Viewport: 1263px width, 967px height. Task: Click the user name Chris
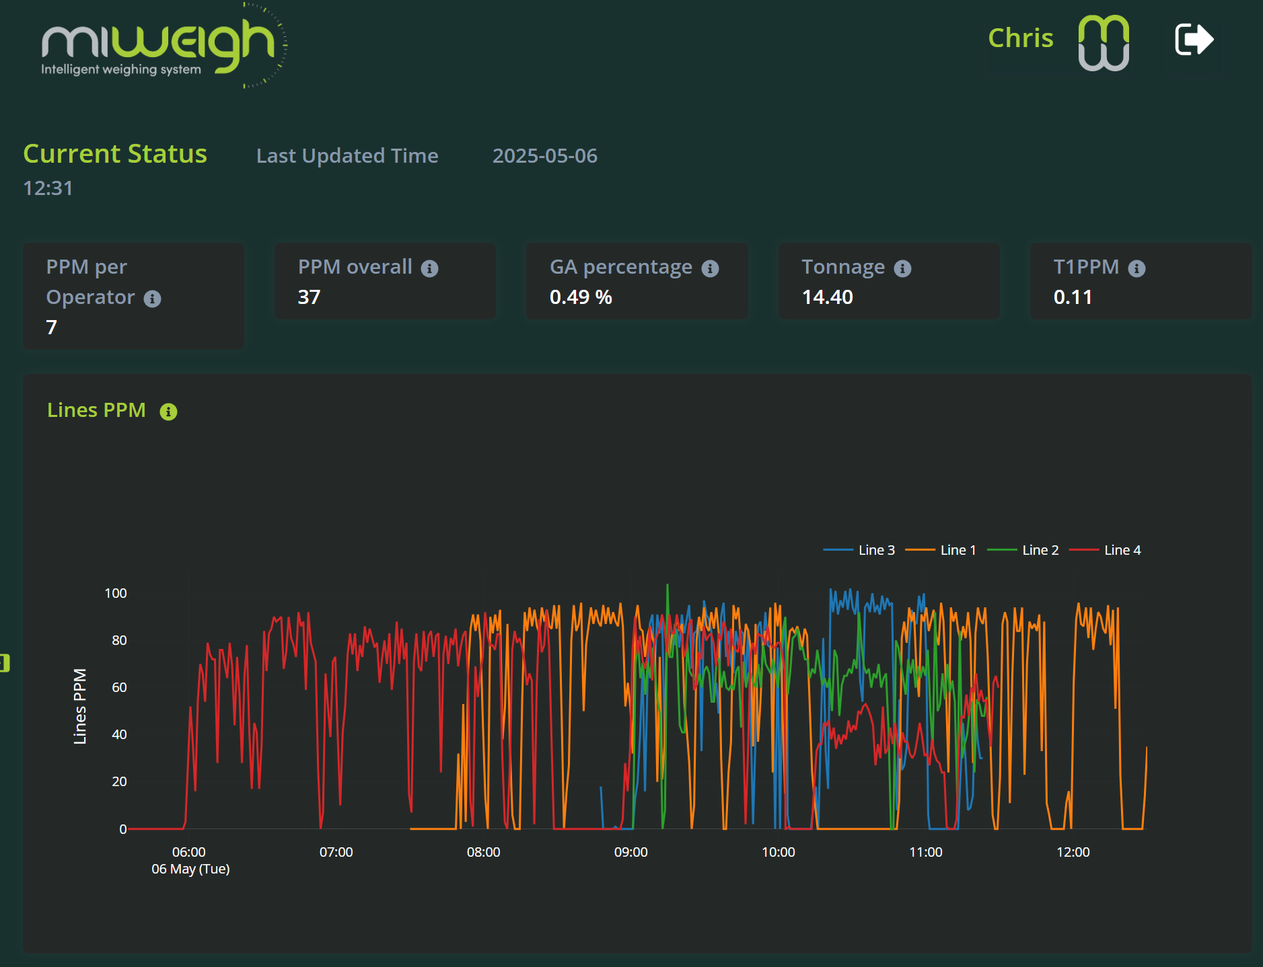pyautogui.click(x=1020, y=38)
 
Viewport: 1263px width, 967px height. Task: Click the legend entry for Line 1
pyautogui.click(x=941, y=550)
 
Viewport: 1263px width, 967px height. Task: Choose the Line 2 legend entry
pyautogui.click(x=1023, y=550)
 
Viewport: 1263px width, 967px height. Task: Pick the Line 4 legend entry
pyautogui.click(x=1106, y=550)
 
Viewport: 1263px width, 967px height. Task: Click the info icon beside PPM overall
pyautogui.click(x=429, y=269)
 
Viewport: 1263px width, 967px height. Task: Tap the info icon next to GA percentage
pyautogui.click(x=710, y=269)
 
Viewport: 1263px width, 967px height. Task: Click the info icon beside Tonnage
pyautogui.click(x=902, y=269)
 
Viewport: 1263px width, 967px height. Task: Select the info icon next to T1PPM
pyautogui.click(x=1136, y=269)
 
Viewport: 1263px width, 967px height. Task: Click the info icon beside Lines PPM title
pyautogui.click(x=168, y=412)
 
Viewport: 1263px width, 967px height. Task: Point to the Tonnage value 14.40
pyautogui.click(x=827, y=297)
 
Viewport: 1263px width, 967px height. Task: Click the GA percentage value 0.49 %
pyautogui.click(x=581, y=297)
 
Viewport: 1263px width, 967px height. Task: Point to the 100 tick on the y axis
pyautogui.click(x=116, y=593)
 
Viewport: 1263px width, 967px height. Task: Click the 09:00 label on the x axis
pyautogui.click(x=630, y=852)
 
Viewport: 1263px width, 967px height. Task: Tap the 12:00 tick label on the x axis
pyautogui.click(x=1073, y=852)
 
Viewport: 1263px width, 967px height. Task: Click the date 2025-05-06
pyautogui.click(x=544, y=156)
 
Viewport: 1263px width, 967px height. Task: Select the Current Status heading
pyautogui.click(x=115, y=154)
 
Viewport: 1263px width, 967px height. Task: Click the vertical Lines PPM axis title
pyautogui.click(x=80, y=706)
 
